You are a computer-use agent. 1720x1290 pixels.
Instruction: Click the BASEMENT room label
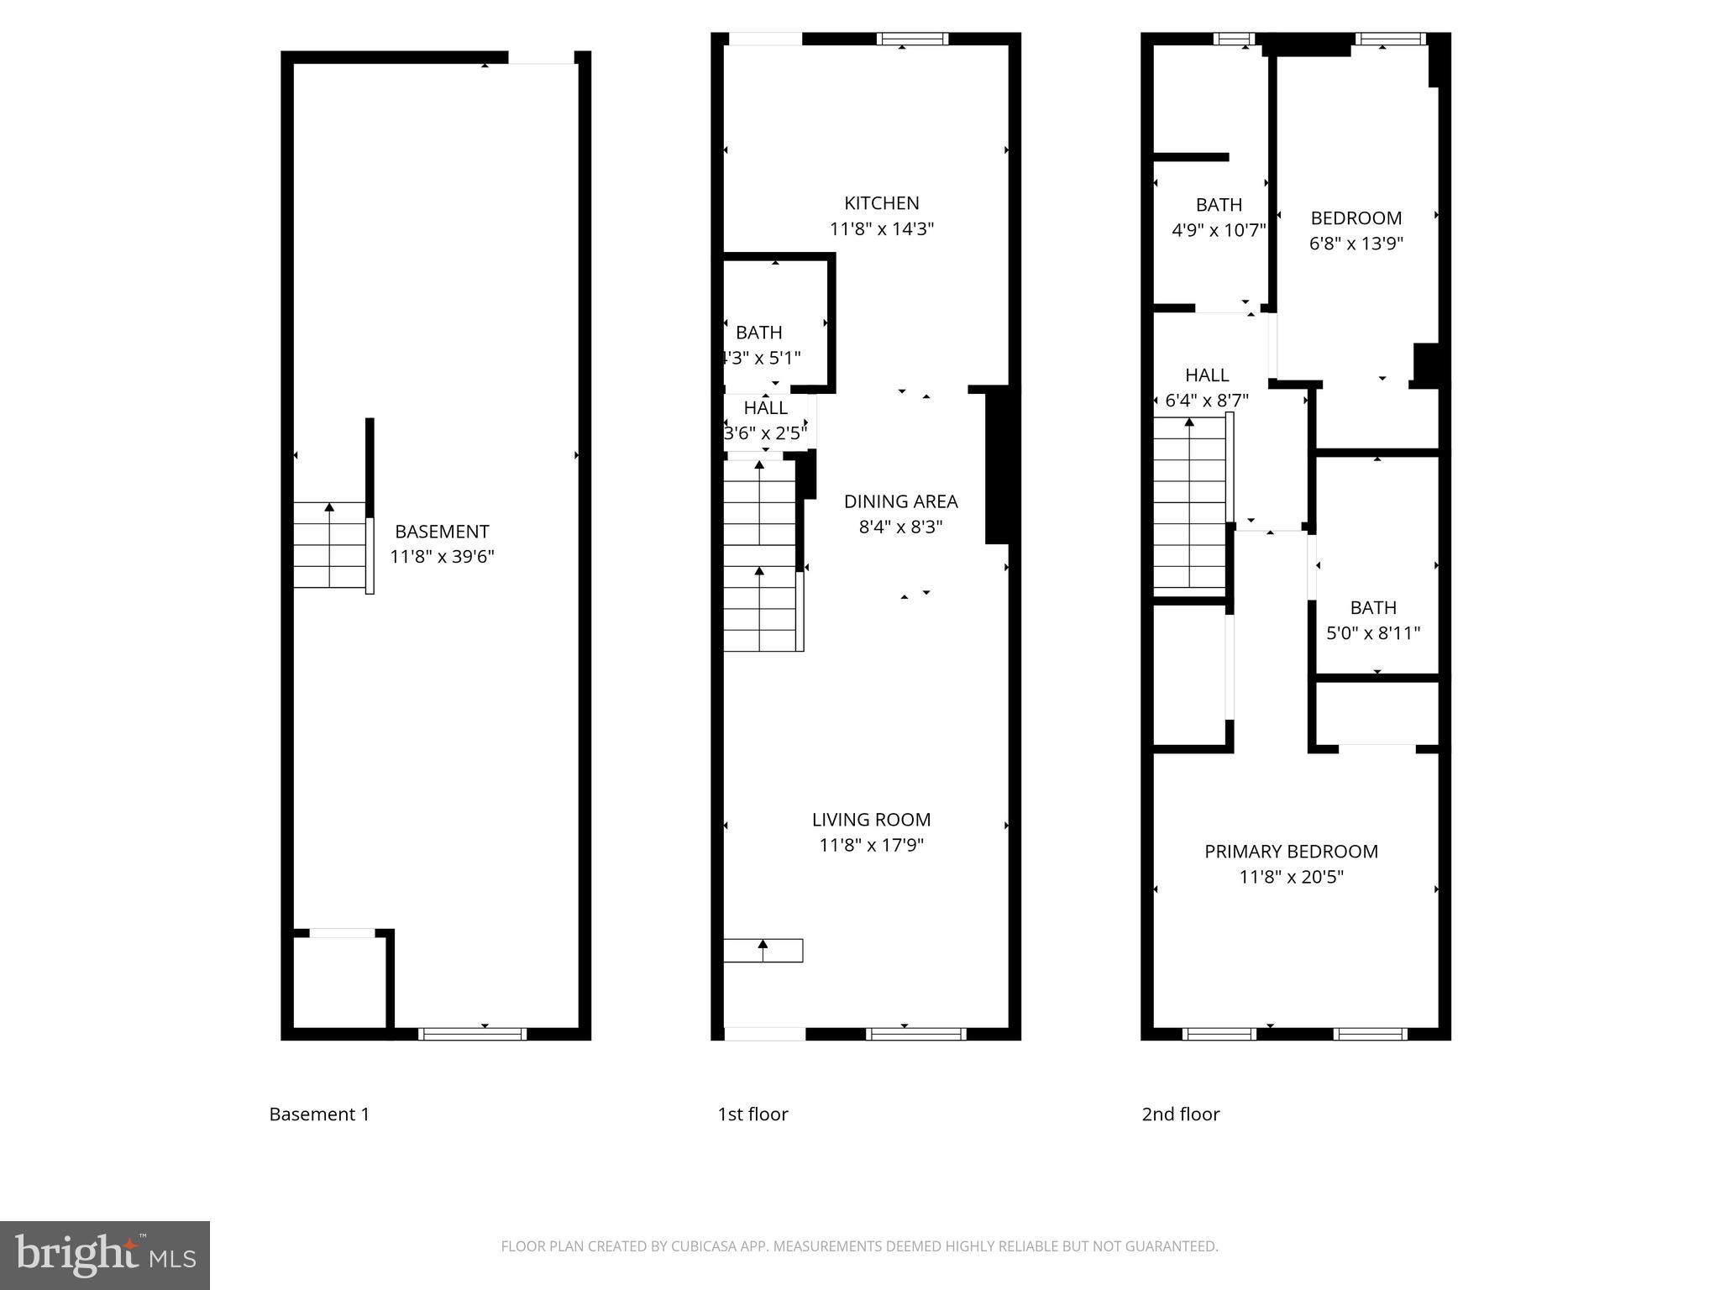click(442, 532)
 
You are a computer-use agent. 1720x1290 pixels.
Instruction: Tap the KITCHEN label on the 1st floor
click(881, 203)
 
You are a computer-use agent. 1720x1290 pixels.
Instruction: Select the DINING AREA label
click(900, 501)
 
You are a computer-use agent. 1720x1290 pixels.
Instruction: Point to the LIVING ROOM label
click(871, 820)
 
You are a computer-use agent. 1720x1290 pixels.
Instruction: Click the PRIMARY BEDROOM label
click(1291, 852)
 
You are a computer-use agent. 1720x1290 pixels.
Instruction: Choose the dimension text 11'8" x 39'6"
click(442, 557)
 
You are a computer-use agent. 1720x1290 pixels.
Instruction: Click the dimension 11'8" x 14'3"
click(881, 228)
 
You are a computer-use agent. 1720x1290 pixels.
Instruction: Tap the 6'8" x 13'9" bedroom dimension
click(1356, 244)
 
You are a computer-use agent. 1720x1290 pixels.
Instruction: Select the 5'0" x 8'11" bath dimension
click(1373, 633)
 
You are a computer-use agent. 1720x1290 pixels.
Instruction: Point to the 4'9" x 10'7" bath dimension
click(1219, 230)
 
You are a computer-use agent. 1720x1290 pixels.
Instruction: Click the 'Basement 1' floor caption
click(319, 1114)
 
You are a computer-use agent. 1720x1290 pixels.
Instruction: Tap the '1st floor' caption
click(752, 1114)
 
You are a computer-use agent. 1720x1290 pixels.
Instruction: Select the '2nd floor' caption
click(1180, 1114)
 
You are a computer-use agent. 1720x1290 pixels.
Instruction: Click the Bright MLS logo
click(105, 1255)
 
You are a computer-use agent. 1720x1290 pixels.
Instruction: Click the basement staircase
click(329, 545)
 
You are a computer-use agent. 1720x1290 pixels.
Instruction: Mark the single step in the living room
click(763, 950)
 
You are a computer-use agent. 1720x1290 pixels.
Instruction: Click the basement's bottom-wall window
click(473, 1034)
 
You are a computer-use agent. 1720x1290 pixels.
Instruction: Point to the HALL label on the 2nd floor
click(1207, 375)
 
